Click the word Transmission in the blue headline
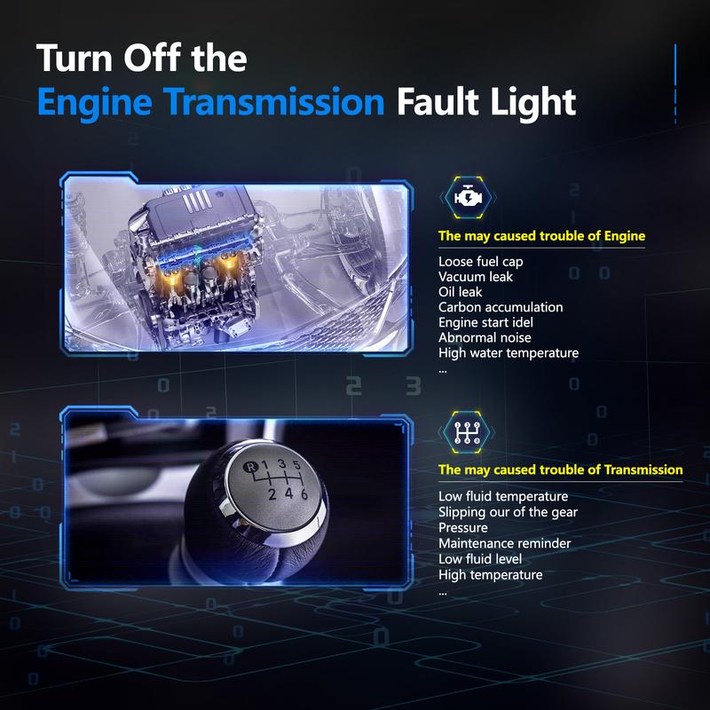(x=273, y=102)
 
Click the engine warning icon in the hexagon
(x=468, y=197)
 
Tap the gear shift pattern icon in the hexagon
(x=467, y=432)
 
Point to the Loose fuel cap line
(x=480, y=262)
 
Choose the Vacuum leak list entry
(x=476, y=277)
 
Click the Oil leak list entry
(x=460, y=292)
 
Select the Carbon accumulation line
(x=501, y=307)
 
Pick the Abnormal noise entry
(x=485, y=337)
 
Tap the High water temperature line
(x=509, y=353)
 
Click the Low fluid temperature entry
(x=503, y=497)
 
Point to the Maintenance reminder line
(x=504, y=543)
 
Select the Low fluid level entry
(x=480, y=559)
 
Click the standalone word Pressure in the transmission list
(x=462, y=527)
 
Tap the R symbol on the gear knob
(x=250, y=468)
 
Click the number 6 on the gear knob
(x=304, y=494)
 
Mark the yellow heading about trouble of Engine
(x=541, y=236)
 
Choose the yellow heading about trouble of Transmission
(x=561, y=469)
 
